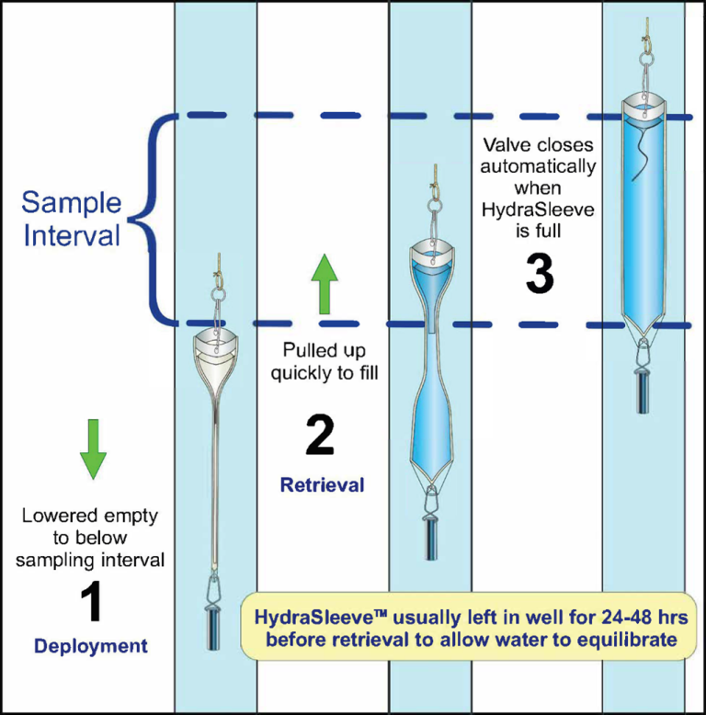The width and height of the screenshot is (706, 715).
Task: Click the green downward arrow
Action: [x=94, y=448]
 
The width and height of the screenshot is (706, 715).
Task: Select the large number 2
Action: [x=319, y=435]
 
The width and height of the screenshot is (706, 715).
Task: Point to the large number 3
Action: [x=540, y=273]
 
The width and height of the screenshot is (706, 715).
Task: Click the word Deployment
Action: [x=90, y=646]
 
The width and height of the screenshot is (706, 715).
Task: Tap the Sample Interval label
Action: [x=71, y=219]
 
